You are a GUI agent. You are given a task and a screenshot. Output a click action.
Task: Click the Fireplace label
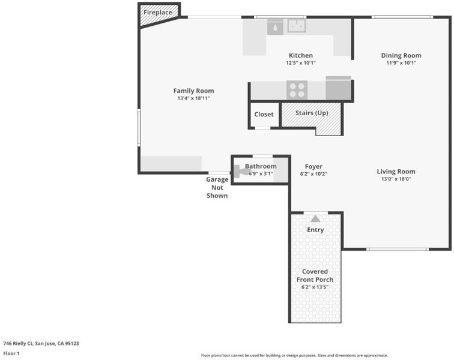pos(158,13)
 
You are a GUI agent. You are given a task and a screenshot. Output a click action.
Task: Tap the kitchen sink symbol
pos(297,26)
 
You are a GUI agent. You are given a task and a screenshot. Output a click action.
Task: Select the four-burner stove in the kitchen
pos(297,90)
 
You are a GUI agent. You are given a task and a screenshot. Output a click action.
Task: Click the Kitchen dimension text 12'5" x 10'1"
pos(301,63)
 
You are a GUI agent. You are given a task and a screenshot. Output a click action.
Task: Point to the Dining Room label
pos(401,55)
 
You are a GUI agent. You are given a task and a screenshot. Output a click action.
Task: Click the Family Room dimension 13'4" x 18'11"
pos(194,98)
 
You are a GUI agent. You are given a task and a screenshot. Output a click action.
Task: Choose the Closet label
pos(264,115)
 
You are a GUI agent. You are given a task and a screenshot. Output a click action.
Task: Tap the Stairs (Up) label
pos(312,113)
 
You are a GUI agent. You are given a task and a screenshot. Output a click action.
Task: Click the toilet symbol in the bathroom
pos(242,172)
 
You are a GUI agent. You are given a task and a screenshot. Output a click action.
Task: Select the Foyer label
pos(313,166)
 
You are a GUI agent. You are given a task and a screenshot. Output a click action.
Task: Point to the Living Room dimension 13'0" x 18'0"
pos(396,179)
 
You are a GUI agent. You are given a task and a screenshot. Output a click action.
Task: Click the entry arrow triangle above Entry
pos(315,218)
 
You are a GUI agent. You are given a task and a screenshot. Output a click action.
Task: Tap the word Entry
pos(315,230)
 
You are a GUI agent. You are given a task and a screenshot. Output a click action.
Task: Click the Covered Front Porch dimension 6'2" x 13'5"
pos(315,287)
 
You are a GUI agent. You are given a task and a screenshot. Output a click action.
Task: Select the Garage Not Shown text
pos(217,188)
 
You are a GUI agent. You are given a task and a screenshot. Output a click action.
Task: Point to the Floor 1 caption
pos(11,353)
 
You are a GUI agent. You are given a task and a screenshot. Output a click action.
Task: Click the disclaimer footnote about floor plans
pos(294,355)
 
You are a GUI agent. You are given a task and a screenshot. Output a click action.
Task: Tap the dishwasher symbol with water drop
pos(275,27)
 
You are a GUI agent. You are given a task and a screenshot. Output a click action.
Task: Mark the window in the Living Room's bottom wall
pos(398,249)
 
